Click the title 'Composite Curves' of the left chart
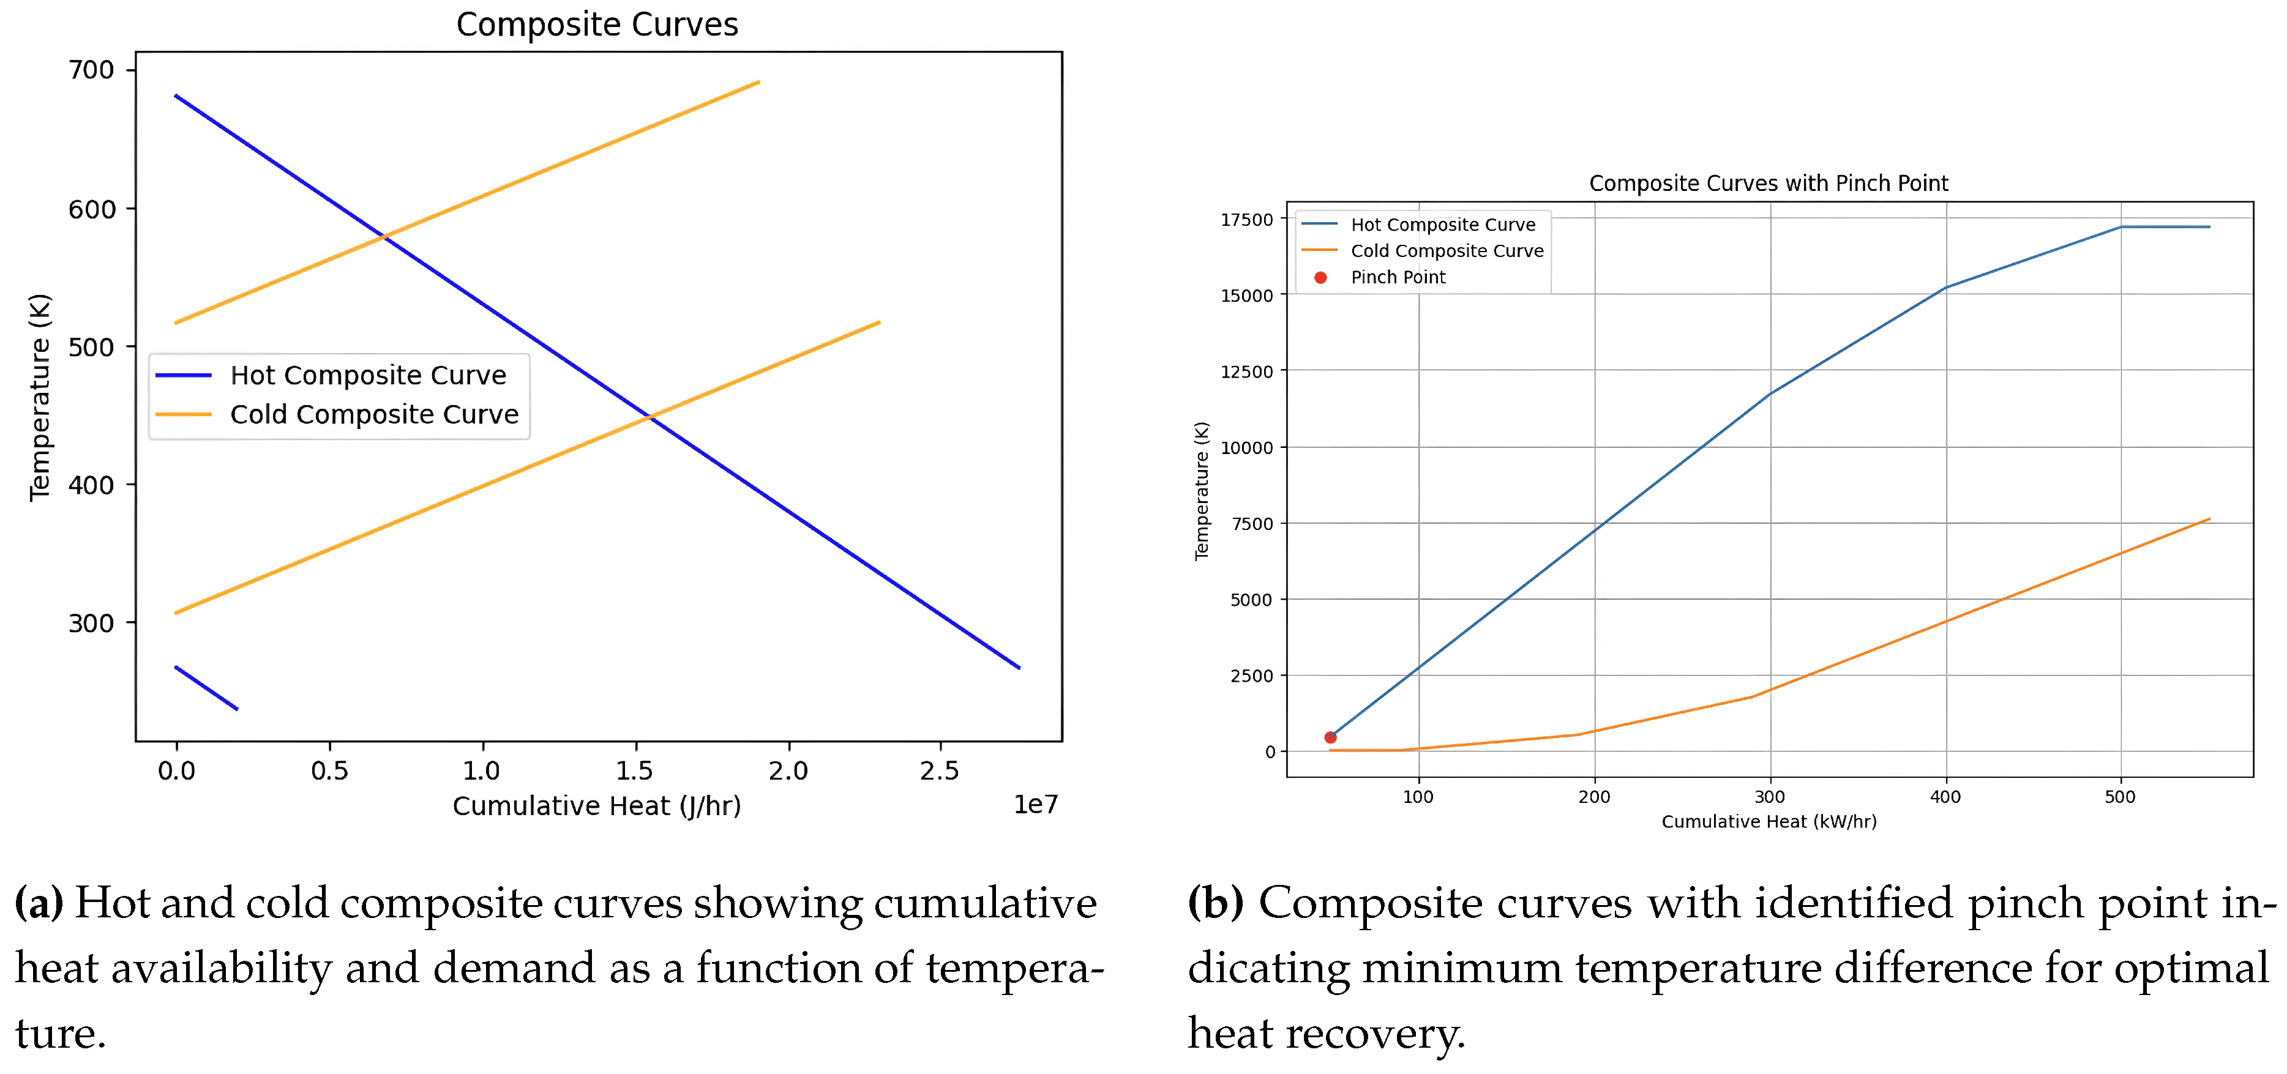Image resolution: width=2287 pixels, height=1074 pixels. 597,25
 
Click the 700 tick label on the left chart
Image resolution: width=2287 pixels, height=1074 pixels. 91,70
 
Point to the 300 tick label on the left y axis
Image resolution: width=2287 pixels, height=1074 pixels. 91,623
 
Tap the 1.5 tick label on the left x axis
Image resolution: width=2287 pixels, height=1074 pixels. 635,770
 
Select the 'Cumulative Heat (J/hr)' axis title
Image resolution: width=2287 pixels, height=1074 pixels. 597,806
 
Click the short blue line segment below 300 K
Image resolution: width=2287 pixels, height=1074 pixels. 207,689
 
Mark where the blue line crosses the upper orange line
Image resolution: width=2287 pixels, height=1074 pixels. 384,236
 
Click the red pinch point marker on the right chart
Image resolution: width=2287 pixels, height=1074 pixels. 1330,737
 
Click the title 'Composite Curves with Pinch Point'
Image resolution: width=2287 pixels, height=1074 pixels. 1768,184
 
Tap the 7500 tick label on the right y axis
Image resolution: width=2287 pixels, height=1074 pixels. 1252,524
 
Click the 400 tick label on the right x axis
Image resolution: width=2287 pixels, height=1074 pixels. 1945,797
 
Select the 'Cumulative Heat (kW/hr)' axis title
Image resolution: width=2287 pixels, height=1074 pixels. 1769,822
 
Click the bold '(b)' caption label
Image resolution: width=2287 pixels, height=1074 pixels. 1215,903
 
